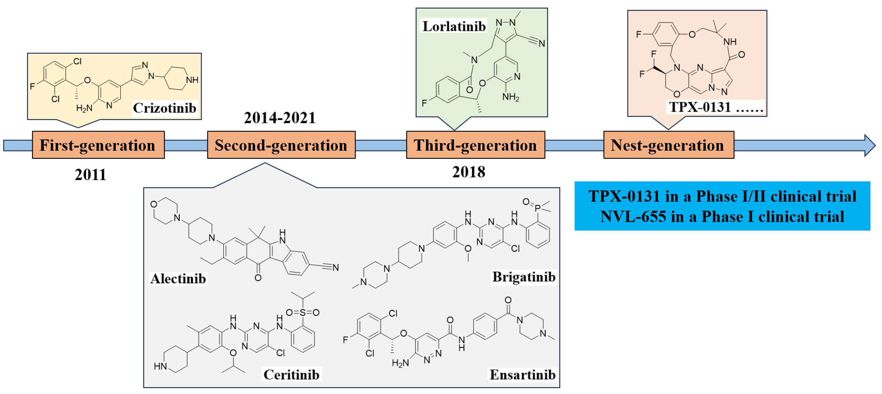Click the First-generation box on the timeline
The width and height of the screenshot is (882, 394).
pyautogui.click(x=98, y=145)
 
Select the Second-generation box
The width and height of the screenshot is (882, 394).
pyautogui.click(x=281, y=145)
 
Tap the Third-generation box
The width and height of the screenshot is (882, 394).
pyautogui.click(x=475, y=145)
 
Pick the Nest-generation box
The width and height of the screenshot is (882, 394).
pyautogui.click(x=668, y=145)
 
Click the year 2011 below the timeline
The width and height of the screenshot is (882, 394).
pyautogui.click(x=90, y=175)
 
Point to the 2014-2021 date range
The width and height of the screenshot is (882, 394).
pyautogui.click(x=280, y=118)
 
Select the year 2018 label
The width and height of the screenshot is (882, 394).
pyautogui.click(x=469, y=172)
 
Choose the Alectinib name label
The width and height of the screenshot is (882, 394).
pyautogui.click(x=178, y=279)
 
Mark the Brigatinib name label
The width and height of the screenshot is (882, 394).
pyautogui.click(x=524, y=277)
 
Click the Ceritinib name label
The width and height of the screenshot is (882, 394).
pyautogui.click(x=291, y=375)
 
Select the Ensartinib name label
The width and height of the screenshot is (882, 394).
pyautogui.click(x=522, y=375)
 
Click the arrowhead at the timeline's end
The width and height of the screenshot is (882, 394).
pyautogui.click(x=869, y=145)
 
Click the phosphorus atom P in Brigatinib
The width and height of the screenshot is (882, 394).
pyautogui.click(x=537, y=208)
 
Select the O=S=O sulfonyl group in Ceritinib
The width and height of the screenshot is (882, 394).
pyautogui.click(x=302, y=312)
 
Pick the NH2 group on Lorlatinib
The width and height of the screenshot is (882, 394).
pyautogui.click(x=511, y=97)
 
